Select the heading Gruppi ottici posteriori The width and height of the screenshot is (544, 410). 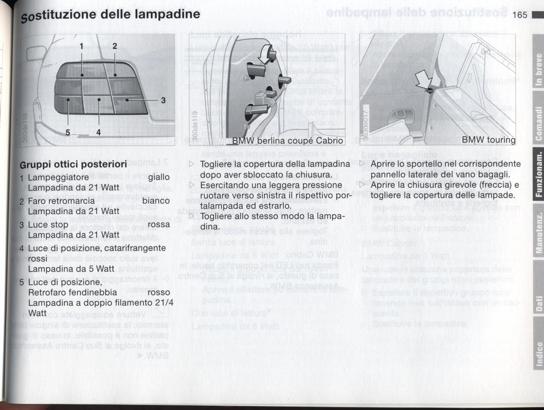[x=74, y=165]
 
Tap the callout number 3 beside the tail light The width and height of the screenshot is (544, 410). [x=163, y=100]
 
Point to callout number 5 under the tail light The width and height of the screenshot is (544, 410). [x=68, y=132]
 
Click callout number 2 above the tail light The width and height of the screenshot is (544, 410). [x=115, y=46]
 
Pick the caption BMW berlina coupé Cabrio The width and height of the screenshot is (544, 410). [x=287, y=141]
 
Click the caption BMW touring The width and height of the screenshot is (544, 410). [x=489, y=140]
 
